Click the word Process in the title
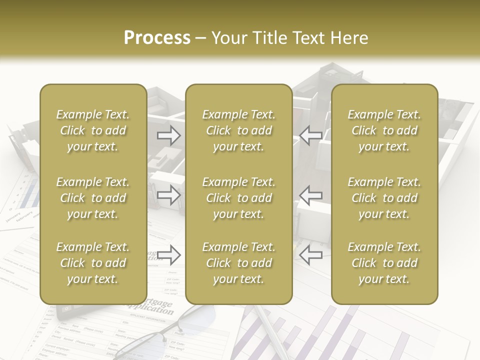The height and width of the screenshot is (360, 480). (157, 38)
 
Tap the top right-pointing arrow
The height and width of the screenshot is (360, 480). (168, 135)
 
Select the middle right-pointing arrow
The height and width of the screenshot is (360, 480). (168, 195)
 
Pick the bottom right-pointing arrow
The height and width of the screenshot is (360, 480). (168, 254)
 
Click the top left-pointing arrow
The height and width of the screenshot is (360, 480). (311, 135)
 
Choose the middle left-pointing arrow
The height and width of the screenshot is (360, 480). (311, 195)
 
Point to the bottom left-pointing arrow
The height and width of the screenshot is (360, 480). (311, 254)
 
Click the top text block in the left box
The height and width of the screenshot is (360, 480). (93, 130)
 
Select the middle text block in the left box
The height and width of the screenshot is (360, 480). (93, 198)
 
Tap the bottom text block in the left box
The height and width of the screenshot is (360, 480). (93, 263)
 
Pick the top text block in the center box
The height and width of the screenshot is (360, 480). (238, 130)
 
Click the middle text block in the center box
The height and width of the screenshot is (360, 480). (238, 198)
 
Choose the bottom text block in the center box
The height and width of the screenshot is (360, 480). (238, 263)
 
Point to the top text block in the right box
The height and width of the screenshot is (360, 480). (384, 130)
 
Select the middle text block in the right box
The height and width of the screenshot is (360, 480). (384, 198)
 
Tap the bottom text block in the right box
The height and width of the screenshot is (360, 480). (384, 263)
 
